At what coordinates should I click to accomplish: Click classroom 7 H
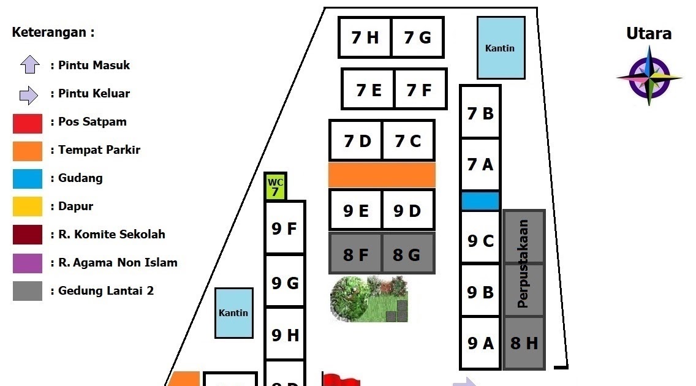(x=365, y=37)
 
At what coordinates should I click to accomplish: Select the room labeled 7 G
(x=418, y=37)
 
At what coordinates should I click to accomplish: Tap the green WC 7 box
(x=276, y=187)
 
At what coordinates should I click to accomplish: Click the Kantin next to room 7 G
(x=501, y=48)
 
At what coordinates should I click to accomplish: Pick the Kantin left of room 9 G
(x=234, y=312)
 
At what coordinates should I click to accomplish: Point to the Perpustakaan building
(x=524, y=263)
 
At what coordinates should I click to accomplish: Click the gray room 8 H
(x=524, y=343)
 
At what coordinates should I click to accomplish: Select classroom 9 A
(x=480, y=343)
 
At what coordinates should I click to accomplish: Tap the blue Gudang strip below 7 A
(x=480, y=201)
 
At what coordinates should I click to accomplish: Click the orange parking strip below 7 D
(x=382, y=175)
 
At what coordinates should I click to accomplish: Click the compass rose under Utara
(x=649, y=78)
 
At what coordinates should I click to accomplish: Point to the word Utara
(x=649, y=34)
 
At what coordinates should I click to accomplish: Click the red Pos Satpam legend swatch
(x=28, y=123)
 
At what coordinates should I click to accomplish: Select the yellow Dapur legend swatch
(x=28, y=206)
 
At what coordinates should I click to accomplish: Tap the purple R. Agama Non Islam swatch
(x=28, y=263)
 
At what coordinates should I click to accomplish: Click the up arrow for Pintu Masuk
(x=30, y=65)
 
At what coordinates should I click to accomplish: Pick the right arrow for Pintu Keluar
(x=29, y=94)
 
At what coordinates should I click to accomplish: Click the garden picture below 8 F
(x=369, y=299)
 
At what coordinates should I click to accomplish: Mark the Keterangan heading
(x=53, y=32)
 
